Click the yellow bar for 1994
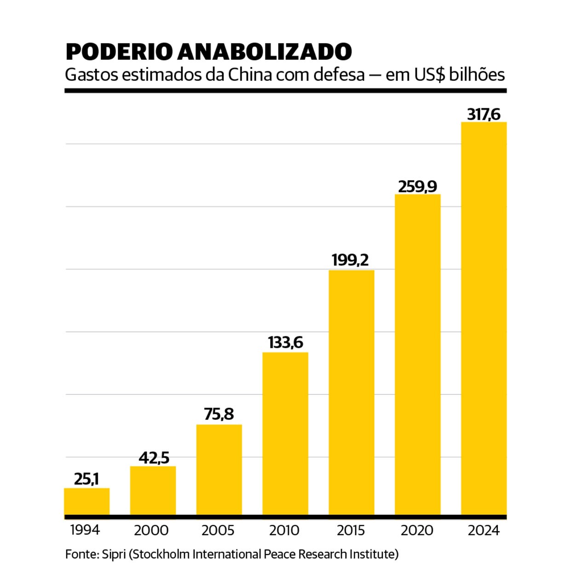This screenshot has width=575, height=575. pos(87,501)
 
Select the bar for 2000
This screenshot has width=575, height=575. pos(153,490)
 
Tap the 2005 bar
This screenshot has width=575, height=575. pos(219,470)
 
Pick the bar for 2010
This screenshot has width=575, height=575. pos(285,433)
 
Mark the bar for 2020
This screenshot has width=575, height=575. pos(418,354)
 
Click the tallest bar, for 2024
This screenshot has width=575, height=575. pos(484,318)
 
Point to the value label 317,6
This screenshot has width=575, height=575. pos(484,114)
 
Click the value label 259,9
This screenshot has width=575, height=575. pos(418,186)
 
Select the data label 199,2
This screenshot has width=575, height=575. pos(351,260)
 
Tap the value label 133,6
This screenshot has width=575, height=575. pos(285,343)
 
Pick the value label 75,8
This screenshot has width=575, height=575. pos(219,414)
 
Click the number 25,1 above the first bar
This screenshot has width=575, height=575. pos(86,479)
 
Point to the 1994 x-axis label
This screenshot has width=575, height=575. pos(85,530)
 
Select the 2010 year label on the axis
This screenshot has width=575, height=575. pos(284,530)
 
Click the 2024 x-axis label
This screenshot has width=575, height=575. pos(483,530)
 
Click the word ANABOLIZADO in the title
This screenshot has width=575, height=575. pos(265,52)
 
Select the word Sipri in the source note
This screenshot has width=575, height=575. pos(114,554)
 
